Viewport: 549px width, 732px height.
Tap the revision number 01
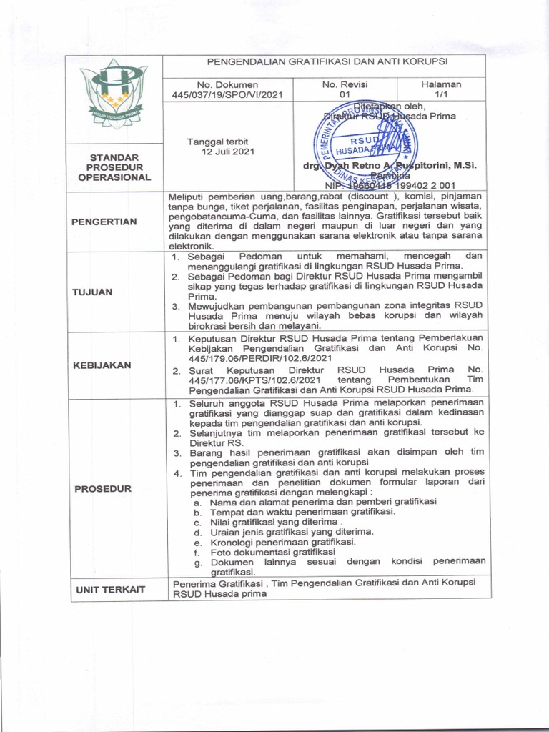(x=345, y=94)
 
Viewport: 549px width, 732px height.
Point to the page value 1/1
(x=441, y=94)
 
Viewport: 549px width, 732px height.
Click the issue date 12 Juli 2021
(x=227, y=152)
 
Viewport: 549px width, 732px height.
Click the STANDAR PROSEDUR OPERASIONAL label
(x=114, y=167)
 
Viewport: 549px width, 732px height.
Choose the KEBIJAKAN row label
(x=101, y=365)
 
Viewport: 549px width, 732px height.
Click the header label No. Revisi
(x=345, y=84)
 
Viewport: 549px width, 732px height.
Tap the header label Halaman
(x=441, y=84)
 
